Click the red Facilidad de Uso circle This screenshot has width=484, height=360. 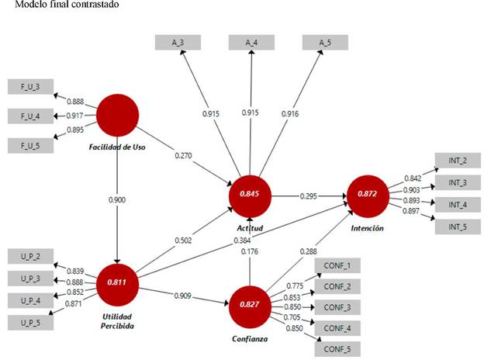pyautogui.click(x=118, y=114)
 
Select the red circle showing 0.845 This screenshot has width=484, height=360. pyautogui.click(x=250, y=196)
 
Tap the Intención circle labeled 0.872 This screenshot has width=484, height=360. pyautogui.click(x=366, y=196)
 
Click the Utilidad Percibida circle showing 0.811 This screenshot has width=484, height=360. pyautogui.click(x=118, y=285)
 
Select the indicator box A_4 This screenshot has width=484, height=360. pyautogui.click(x=251, y=43)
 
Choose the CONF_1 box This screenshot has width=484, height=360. pyautogui.click(x=338, y=266)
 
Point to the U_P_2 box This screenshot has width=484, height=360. pyautogui.click(x=29, y=256)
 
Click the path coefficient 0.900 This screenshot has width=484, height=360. pyautogui.click(x=117, y=199)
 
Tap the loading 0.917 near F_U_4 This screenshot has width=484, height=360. pyautogui.click(x=75, y=116)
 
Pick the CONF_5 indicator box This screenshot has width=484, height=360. pyautogui.click(x=338, y=349)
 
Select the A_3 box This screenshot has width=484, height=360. pyautogui.click(x=178, y=43)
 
